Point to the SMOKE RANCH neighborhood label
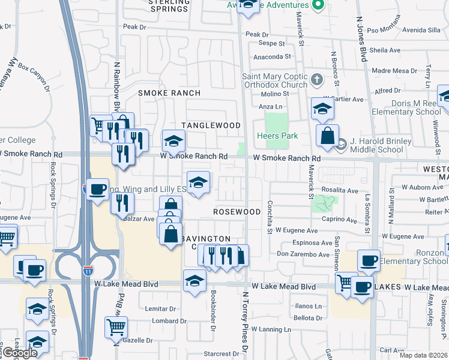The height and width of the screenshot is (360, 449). click(166, 93)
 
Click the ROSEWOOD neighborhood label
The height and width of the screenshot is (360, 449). click(237, 212)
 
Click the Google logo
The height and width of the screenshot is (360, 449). click(19, 353)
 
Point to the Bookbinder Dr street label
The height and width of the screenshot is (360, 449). click(213, 306)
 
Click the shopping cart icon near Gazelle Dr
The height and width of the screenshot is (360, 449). click(116, 328)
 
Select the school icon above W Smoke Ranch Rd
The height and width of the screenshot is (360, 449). click(173, 141)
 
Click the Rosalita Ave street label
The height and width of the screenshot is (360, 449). click(340, 190)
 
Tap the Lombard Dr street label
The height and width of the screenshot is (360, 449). click(165, 321)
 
